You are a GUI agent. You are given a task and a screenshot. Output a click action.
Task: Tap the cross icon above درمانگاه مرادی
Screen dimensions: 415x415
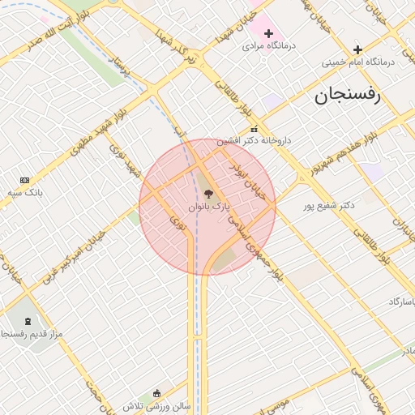268,33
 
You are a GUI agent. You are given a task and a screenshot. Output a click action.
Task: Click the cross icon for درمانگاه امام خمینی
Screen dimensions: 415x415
357,50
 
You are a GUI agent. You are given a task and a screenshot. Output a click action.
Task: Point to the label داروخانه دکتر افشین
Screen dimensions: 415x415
255,140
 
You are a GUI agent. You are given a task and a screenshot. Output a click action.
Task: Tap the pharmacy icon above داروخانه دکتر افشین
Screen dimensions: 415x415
255,129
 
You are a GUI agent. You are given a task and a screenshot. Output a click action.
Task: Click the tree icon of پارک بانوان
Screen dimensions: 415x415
209,195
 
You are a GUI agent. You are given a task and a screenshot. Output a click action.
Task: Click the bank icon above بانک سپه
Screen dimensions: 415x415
24,179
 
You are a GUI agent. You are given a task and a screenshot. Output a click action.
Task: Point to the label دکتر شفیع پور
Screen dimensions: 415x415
329,205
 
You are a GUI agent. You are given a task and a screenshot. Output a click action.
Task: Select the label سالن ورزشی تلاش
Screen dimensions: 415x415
156,405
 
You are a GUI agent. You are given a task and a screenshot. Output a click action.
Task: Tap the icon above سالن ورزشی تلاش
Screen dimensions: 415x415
156,393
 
